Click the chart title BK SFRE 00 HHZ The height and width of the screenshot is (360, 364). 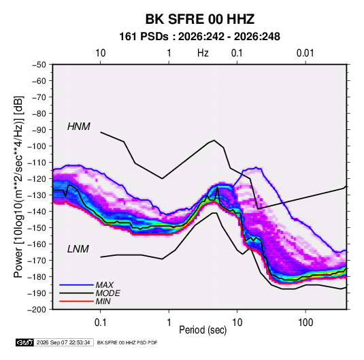(200, 19)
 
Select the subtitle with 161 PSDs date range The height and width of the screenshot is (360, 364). (199, 37)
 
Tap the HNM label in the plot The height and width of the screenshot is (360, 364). (79, 127)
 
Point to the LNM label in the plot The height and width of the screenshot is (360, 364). (78, 249)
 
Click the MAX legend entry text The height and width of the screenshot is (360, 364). (105, 285)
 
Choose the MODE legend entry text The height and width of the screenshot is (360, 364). (108, 293)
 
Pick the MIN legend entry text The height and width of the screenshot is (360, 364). (103, 301)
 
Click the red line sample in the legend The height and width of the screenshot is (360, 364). (76, 301)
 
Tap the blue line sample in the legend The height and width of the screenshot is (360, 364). (76, 285)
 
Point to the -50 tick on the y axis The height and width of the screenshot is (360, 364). (39, 65)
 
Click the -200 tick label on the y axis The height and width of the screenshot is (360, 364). (37, 310)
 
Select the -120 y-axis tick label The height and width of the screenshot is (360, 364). (37, 179)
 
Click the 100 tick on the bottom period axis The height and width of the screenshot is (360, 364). (305, 323)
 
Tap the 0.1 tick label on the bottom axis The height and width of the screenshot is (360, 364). (100, 323)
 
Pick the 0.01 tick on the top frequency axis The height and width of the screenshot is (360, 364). (305, 53)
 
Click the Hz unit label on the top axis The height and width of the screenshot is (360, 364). (203, 53)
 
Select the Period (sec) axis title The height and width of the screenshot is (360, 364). (203, 330)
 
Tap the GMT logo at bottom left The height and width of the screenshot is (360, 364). (24, 342)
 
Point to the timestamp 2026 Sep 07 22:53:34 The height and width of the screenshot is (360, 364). (63, 342)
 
